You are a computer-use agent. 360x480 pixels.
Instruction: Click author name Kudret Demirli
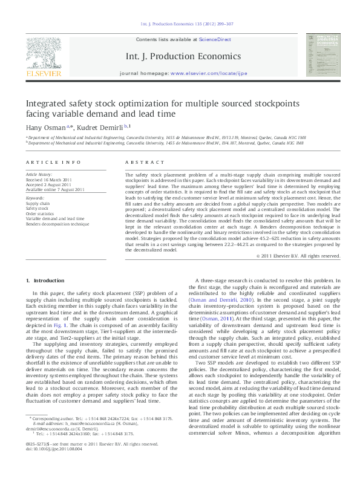coord(102,128)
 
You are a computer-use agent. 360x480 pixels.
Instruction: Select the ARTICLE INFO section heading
coord(53,163)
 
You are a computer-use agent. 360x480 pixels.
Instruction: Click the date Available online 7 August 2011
coord(55,190)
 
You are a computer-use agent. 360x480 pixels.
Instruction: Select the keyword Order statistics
coord(39,213)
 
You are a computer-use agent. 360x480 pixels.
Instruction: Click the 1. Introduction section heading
coord(46,281)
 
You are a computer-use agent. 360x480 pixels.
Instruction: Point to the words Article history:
coord(39,175)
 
